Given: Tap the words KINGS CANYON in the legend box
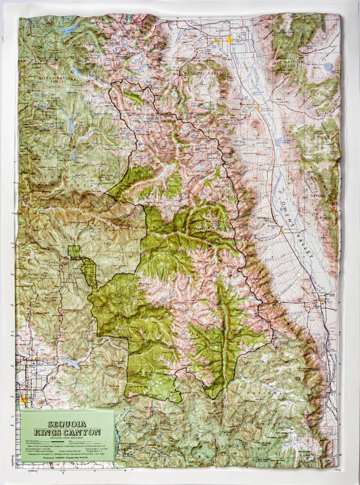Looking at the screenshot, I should (x=67, y=423).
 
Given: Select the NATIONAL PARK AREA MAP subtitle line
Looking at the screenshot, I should (x=67, y=429).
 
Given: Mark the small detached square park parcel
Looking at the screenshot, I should (x=74, y=252).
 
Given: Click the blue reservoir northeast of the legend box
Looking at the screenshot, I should (x=72, y=364).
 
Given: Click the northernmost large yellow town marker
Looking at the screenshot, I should (x=229, y=40).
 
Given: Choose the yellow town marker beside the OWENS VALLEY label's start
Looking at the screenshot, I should (x=281, y=230).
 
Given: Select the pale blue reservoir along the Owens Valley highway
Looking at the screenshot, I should (x=278, y=143).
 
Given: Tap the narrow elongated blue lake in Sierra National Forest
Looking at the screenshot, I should (x=70, y=126).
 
